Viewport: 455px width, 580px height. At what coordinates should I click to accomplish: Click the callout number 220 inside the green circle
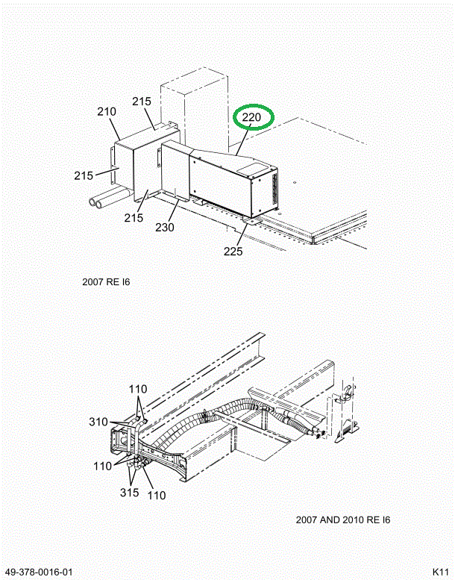tap(251, 117)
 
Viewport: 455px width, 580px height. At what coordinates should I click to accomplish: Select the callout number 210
tap(107, 111)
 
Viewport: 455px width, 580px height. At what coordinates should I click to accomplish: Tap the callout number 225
tap(233, 251)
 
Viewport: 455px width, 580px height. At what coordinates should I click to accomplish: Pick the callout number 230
tap(165, 227)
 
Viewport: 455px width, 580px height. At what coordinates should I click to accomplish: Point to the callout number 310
tap(98, 422)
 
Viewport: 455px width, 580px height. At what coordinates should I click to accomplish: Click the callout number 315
tap(129, 493)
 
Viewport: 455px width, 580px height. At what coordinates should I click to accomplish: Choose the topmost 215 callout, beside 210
tap(142, 101)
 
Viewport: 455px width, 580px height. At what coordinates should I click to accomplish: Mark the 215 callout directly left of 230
tap(134, 217)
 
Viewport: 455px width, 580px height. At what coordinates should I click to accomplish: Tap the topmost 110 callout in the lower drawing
tap(138, 389)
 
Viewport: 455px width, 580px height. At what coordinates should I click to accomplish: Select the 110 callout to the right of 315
tap(157, 495)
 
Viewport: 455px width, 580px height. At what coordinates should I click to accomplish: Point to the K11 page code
tap(441, 571)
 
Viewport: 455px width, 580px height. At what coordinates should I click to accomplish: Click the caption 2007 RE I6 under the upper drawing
tap(106, 282)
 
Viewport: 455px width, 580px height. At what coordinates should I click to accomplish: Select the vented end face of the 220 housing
tap(265, 191)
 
